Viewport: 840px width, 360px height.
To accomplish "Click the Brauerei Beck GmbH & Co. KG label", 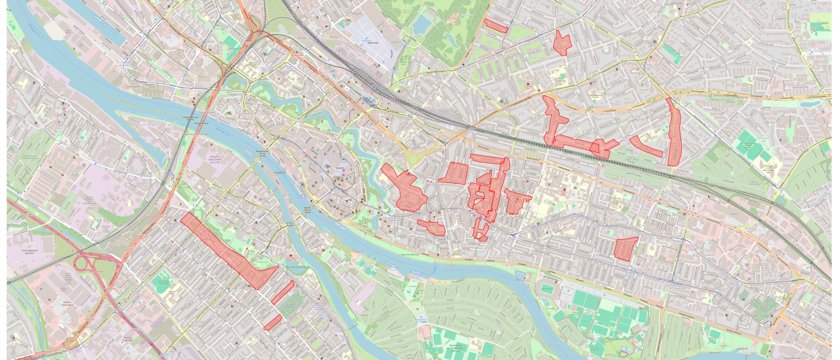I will point(214,159).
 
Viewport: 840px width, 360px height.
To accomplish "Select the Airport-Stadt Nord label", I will point(67,303).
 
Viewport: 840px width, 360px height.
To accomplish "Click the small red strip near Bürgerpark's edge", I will point(495,26).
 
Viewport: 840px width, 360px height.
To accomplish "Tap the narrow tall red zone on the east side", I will point(673,132).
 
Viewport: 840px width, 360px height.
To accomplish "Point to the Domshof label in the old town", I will point(340,168).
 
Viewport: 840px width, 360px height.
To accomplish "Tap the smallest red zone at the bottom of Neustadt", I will point(273,322).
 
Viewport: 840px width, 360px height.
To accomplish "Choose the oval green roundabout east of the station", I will point(413,159).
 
